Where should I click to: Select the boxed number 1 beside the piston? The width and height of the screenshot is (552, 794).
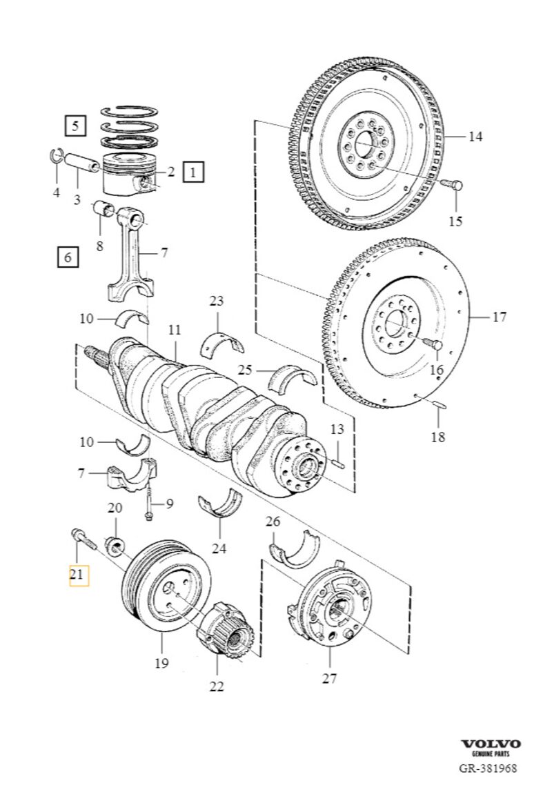193,171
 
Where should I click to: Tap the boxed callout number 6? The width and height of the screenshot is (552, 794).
67,258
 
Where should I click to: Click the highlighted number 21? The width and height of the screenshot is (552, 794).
78,573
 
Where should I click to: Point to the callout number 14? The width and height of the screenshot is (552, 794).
475,137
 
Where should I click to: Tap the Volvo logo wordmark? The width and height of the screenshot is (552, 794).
491,744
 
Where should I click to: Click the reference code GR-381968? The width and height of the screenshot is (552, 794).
489,767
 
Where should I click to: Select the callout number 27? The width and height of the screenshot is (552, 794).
329,678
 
